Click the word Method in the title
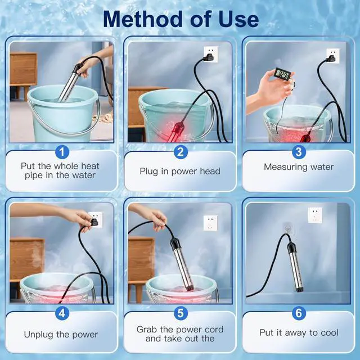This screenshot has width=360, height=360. pyautogui.click(x=142, y=19)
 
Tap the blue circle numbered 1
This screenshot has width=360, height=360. pyautogui.click(x=62, y=152)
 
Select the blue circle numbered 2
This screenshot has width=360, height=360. pyautogui.click(x=181, y=152)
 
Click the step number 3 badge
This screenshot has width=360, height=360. pyautogui.click(x=299, y=152)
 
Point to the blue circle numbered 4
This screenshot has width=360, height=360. pyautogui.click(x=62, y=313)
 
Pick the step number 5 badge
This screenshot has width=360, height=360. pyautogui.click(x=181, y=313)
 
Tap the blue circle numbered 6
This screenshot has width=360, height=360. pyautogui.click(x=299, y=313)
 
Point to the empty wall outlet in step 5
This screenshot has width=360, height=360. pyautogui.click(x=210, y=223)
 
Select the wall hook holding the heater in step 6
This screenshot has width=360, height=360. pyautogui.click(x=287, y=228)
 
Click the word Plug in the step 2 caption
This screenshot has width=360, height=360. pyautogui.click(x=148, y=172)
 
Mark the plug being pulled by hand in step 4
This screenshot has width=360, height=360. pyautogui.click(x=94, y=222)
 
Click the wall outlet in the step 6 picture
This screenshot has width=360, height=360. pyautogui.click(x=315, y=215)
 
